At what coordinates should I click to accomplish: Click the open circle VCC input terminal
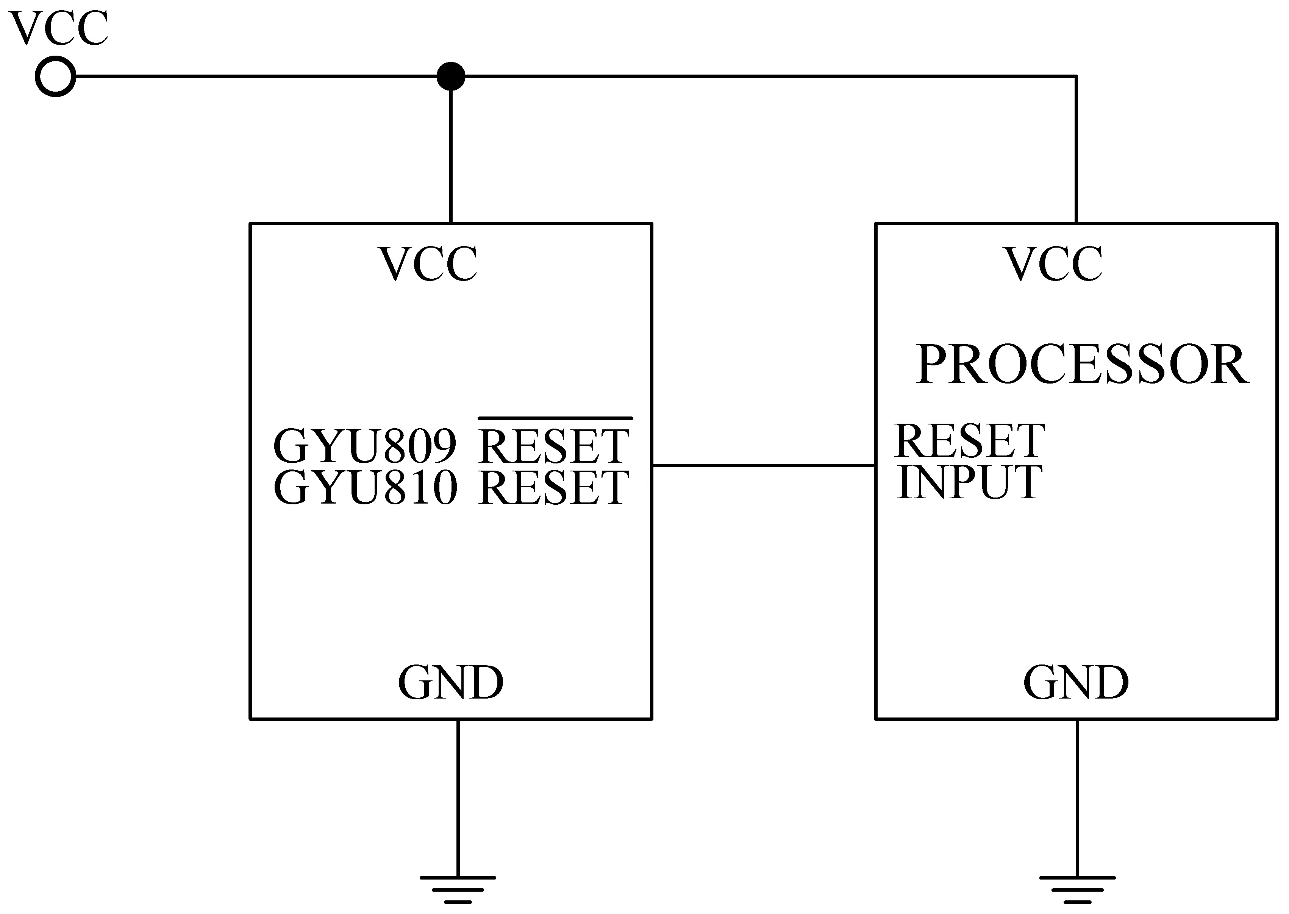[55, 76]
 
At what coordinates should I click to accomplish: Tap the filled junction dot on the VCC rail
[450, 76]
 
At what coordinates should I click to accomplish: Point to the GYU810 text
[365, 487]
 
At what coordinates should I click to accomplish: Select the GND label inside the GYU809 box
[450, 683]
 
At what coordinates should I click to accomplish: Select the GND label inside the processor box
[1076, 683]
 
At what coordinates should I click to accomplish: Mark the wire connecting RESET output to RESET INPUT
[763, 465]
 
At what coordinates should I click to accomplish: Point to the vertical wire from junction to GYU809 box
[451, 152]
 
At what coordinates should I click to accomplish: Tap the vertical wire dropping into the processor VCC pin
[1076, 152]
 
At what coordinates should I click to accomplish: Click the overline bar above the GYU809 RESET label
[555, 418]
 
